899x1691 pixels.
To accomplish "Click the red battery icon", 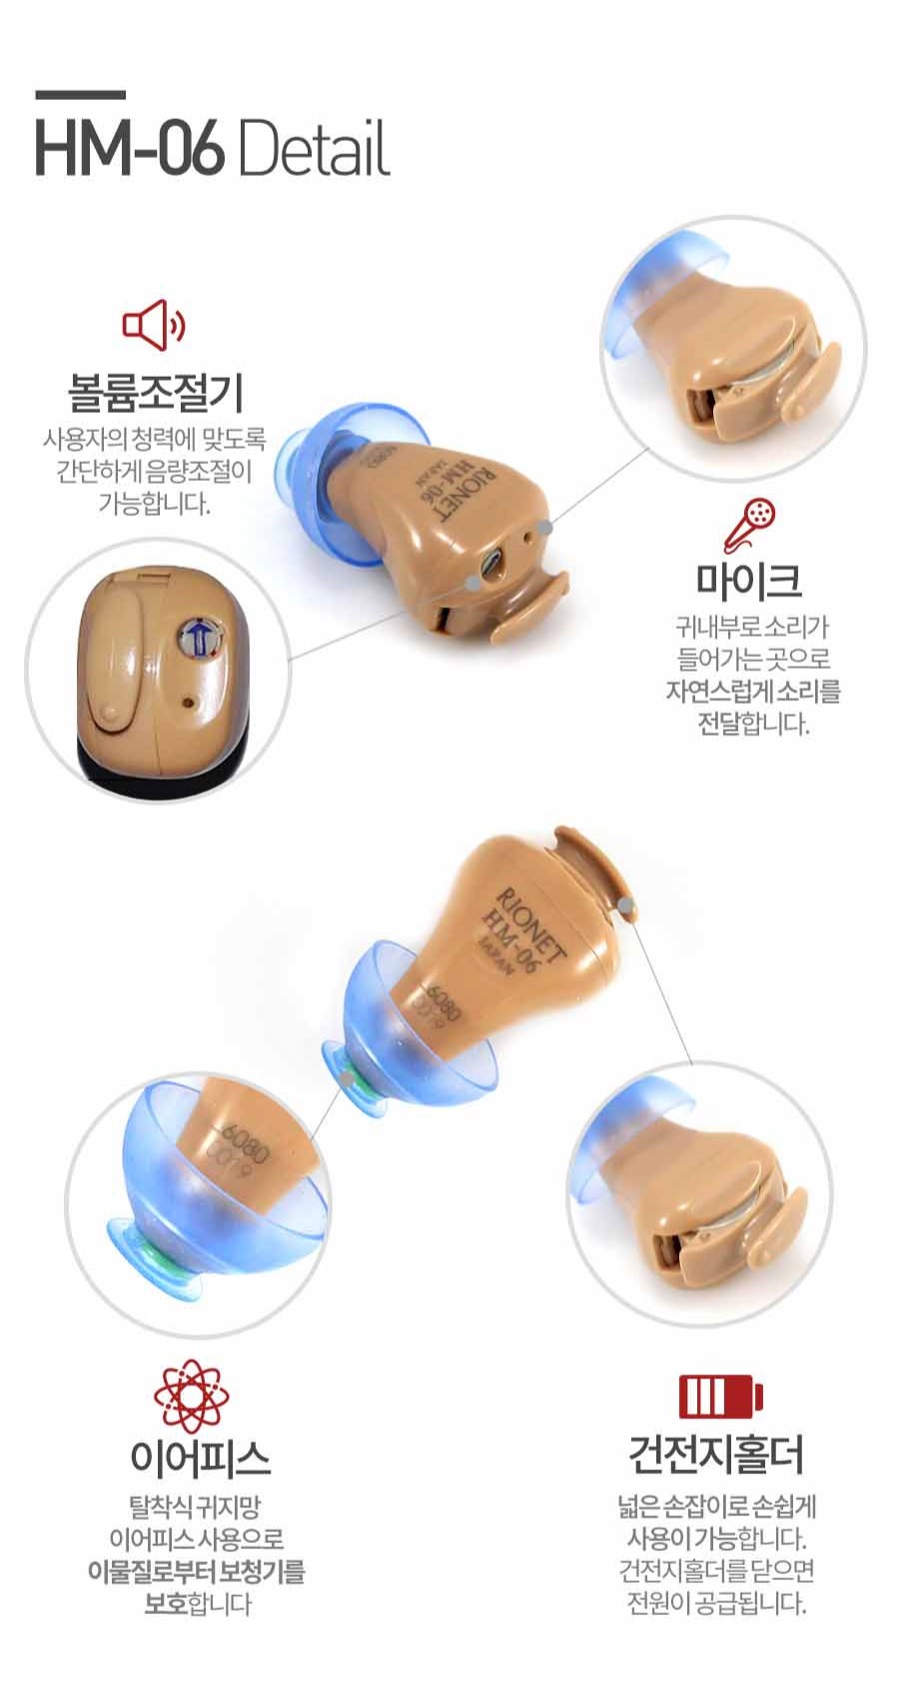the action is point(721,1396).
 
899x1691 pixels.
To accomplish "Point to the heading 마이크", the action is point(748,580).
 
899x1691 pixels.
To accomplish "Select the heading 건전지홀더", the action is point(716,1469).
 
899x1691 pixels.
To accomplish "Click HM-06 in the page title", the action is point(131,150).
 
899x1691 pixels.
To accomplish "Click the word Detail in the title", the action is point(313,150).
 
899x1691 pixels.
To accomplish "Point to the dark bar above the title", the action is point(81,95).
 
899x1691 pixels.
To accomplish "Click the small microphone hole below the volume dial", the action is point(187,703).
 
